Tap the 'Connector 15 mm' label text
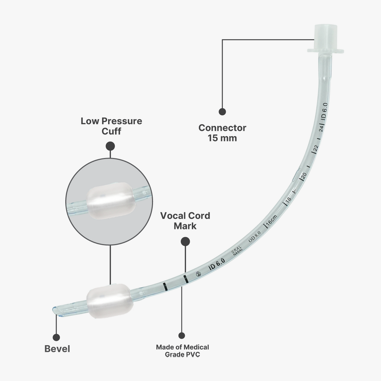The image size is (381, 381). click(x=222, y=133)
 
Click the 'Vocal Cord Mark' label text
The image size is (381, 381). click(x=185, y=221)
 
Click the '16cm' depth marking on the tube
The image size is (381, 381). click(x=271, y=221)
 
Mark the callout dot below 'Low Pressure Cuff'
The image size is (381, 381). click(x=110, y=146)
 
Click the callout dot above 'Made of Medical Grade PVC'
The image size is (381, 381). click(x=181, y=335)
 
